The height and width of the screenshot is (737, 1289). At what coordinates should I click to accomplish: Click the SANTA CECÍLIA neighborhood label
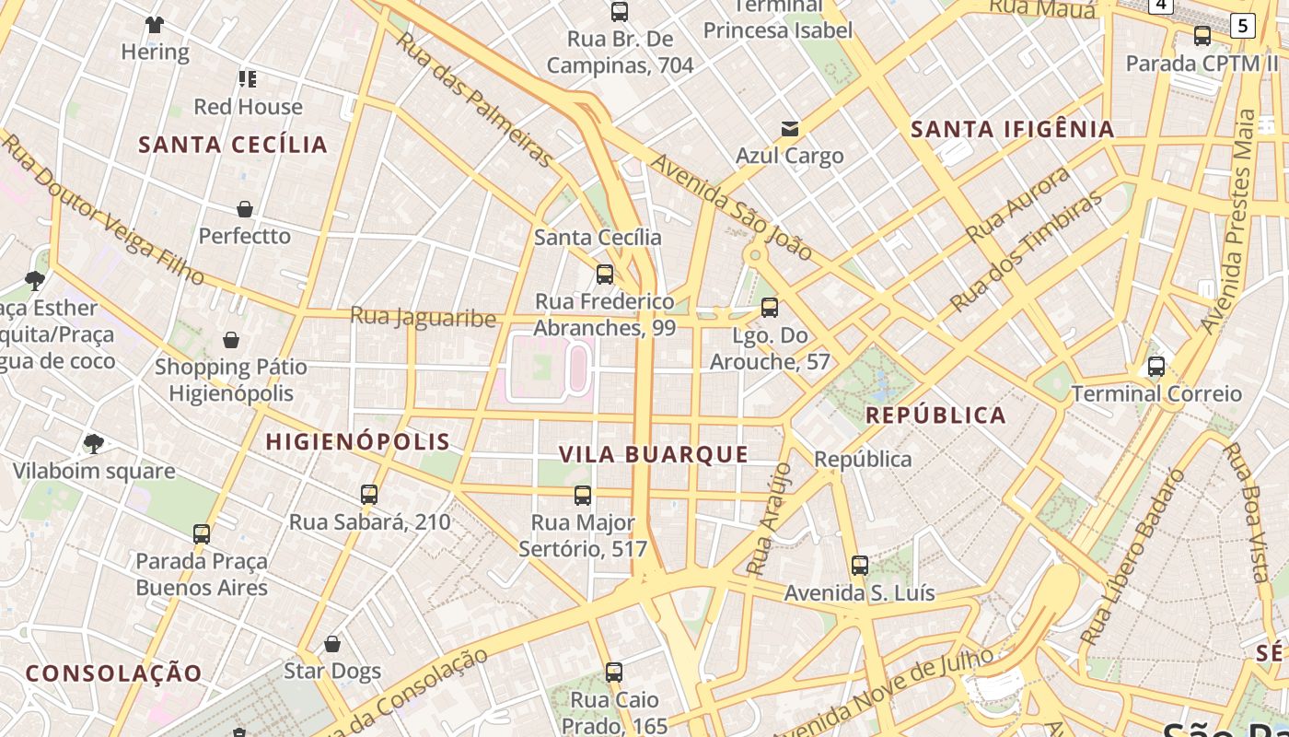click(x=233, y=145)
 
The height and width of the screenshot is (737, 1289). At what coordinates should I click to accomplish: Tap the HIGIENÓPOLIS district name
click(x=358, y=442)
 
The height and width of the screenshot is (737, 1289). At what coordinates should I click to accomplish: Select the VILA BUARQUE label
click(x=654, y=454)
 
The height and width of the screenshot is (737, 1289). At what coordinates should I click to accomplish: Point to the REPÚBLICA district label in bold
click(x=936, y=415)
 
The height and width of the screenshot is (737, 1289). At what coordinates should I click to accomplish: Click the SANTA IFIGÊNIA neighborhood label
click(x=1013, y=130)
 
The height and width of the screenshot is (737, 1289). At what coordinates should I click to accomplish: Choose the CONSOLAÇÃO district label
click(x=113, y=673)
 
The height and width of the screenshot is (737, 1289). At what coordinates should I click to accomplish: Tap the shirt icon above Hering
click(x=155, y=25)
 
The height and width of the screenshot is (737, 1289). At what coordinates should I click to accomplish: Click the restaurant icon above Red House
click(x=247, y=79)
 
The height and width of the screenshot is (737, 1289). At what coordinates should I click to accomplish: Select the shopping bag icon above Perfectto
click(x=245, y=209)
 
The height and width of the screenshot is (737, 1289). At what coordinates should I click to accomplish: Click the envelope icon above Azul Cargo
click(x=789, y=129)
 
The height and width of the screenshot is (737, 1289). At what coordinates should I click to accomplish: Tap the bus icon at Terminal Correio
click(x=1156, y=367)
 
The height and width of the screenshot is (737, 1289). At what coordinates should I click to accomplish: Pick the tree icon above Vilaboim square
click(x=93, y=444)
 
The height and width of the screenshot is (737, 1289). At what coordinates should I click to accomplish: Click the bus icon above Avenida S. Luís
click(x=859, y=566)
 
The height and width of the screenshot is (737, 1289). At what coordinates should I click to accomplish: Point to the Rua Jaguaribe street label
click(x=423, y=318)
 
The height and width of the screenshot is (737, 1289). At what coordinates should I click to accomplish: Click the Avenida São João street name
click(x=732, y=207)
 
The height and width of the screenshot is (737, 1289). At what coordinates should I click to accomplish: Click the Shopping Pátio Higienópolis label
click(x=231, y=380)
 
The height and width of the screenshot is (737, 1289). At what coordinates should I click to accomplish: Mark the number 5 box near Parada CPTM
click(x=1242, y=26)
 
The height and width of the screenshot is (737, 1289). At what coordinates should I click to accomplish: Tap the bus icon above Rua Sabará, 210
click(x=369, y=495)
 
